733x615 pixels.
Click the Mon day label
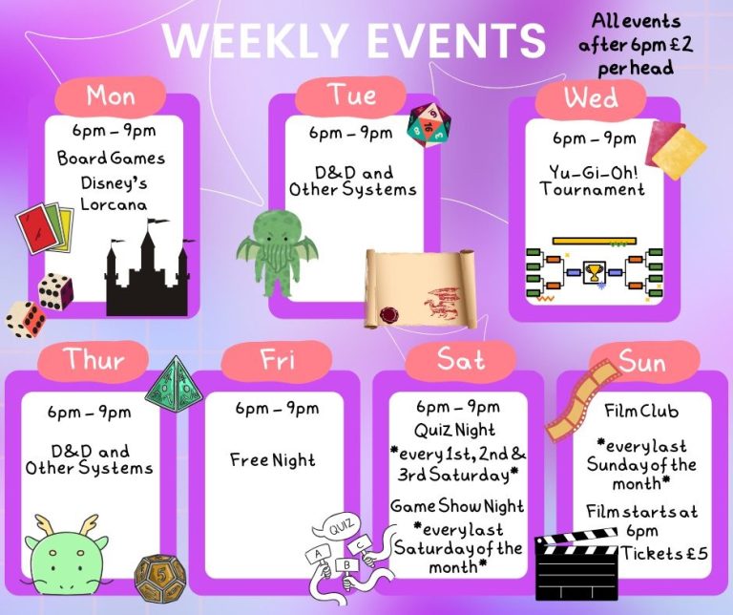111,95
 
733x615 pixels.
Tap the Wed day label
591,98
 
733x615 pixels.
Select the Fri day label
277,360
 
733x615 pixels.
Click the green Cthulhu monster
277,252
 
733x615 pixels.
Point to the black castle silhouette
148,272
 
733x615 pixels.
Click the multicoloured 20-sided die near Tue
429,125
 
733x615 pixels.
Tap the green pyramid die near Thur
174,385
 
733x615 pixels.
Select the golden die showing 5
160,578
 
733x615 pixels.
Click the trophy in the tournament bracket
595,272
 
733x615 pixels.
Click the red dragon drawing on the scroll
440,303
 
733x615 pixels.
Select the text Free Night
273,460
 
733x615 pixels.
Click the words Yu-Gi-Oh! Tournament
593,181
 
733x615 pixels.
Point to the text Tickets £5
664,553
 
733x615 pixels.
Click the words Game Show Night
457,506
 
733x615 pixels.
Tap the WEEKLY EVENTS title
355,39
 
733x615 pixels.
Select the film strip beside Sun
583,400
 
